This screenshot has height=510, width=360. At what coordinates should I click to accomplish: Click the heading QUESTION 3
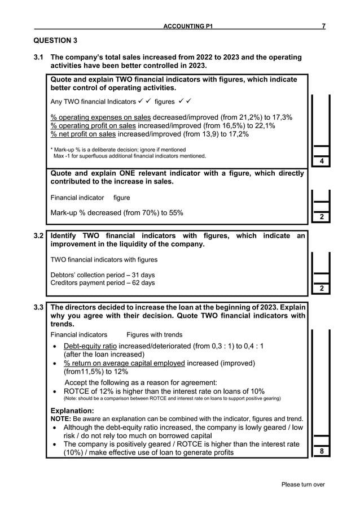(x=55, y=40)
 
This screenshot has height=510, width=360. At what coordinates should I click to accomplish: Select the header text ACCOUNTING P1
(x=188, y=27)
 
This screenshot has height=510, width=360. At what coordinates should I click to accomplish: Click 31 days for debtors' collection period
(x=143, y=274)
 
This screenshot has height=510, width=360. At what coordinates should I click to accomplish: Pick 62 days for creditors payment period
(x=144, y=283)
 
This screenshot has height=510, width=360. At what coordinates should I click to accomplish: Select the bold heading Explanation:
(x=72, y=411)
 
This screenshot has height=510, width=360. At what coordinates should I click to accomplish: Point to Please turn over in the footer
(x=304, y=484)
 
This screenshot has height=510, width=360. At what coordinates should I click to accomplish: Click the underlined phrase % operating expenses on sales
(x=100, y=117)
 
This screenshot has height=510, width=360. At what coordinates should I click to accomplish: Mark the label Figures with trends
(x=154, y=335)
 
